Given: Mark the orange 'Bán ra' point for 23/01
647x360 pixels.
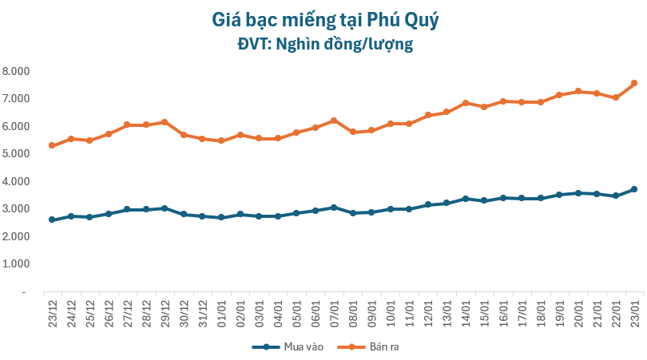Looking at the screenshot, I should coord(634,83).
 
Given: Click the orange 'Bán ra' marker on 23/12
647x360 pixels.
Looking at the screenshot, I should coord(52,145).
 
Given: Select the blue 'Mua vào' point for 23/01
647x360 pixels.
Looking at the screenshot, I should coord(634,189).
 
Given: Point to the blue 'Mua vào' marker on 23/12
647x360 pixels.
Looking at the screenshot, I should coord(52,220).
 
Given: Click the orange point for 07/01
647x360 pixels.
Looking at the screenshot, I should coord(334,121).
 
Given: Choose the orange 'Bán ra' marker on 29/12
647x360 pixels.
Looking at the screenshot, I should coord(165,122).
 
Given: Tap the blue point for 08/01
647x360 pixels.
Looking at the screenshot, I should coord(352,213).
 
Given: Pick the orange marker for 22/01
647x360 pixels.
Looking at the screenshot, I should coord(616,97).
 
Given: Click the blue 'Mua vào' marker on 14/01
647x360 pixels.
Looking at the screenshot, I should coord(465,198).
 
